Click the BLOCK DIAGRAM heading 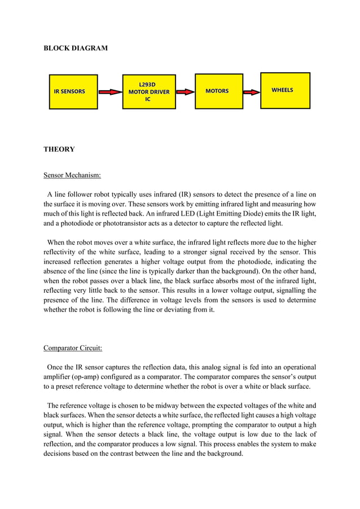click(76, 49)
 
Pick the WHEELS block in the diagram click(285, 90)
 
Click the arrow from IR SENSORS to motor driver click(110, 91)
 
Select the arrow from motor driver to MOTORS click(182, 91)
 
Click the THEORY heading click(59, 150)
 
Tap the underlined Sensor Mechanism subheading click(72, 175)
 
